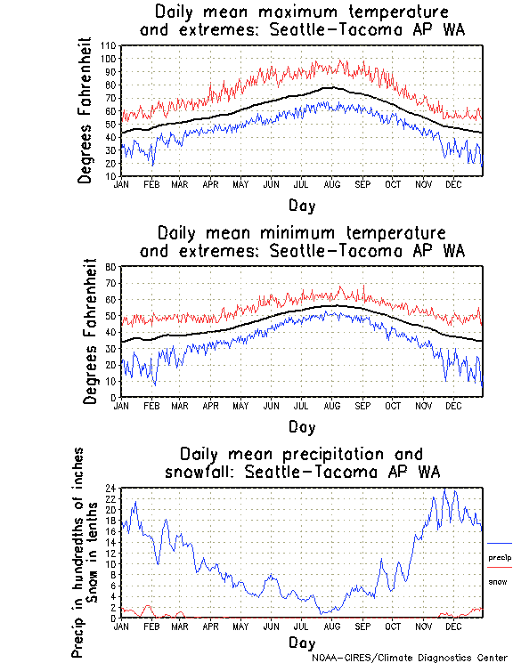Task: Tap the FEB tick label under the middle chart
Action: (151, 405)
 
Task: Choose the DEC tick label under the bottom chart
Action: (452, 626)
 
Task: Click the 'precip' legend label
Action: (499, 557)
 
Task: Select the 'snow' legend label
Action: (496, 581)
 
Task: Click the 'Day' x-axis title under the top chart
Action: (301, 205)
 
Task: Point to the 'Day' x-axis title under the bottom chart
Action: (301, 642)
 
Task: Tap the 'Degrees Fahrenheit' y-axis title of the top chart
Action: (85, 110)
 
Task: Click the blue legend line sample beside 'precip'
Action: (499, 543)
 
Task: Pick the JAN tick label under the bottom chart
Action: (121, 626)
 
